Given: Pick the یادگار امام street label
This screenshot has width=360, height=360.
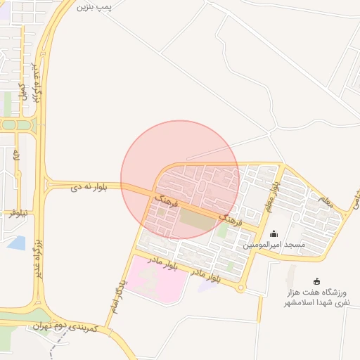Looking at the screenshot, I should click(117, 295).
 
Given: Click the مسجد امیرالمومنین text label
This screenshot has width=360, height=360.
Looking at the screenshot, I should click(275, 245).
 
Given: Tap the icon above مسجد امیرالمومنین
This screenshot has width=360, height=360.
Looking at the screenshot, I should click(274, 233).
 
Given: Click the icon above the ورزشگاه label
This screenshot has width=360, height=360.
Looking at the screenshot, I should click(316, 281).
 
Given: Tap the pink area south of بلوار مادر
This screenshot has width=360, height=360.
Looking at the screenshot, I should click(160, 279).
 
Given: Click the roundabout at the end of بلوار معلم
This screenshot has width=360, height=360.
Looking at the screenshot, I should click(241, 288).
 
